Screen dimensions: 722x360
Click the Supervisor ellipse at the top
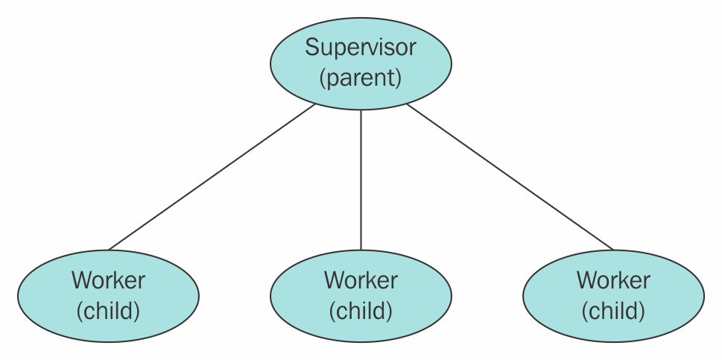pos(361,63)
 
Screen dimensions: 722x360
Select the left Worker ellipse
pos(108,296)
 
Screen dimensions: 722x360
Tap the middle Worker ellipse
pos(361,296)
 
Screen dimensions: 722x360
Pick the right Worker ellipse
pos(613,296)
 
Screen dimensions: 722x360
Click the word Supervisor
pos(361,48)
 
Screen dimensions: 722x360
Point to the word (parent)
pos(361,78)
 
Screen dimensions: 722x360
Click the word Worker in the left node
pos(108,280)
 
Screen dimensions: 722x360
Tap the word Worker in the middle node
pos(361,280)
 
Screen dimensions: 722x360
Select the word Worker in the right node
pos(613,280)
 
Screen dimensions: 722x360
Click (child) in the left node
pos(108,311)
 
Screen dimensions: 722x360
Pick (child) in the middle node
pos(361,311)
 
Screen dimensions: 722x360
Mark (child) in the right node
pos(613,311)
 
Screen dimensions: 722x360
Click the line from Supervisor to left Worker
pos(212,177)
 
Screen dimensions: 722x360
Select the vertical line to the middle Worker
pos(361,180)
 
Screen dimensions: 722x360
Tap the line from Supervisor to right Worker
pos(510,177)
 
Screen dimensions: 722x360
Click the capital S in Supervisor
pos(311,48)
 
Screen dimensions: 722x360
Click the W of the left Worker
pos(83,280)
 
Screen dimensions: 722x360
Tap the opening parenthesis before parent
pos(323,78)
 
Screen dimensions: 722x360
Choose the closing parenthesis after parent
pos(399,78)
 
